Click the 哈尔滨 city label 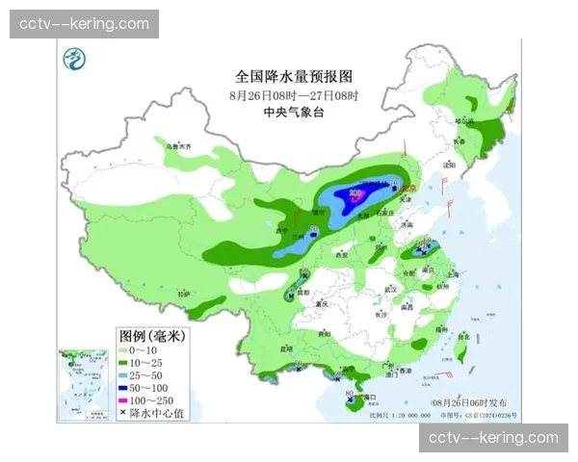coord(465,121)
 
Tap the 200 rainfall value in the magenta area coord(355,194)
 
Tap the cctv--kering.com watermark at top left coord(85,24)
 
